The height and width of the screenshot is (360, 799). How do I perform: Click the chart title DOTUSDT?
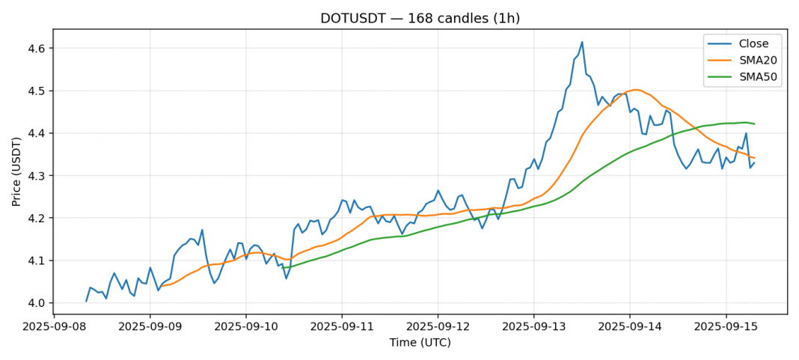pyautogui.click(x=420, y=18)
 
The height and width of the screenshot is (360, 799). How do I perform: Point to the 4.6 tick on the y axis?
pyautogui.click(x=37, y=49)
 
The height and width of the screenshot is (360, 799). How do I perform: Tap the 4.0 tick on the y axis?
pyautogui.click(x=37, y=303)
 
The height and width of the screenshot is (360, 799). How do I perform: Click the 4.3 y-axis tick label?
pyautogui.click(x=37, y=176)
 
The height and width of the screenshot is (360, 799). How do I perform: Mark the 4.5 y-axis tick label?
pyautogui.click(x=37, y=91)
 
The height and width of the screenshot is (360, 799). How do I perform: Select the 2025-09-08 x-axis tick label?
pyautogui.click(x=54, y=327)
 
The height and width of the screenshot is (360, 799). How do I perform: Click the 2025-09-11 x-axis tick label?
pyautogui.click(x=341, y=327)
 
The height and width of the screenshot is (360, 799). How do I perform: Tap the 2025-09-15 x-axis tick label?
pyautogui.click(x=725, y=327)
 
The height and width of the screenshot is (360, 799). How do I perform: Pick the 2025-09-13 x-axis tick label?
pyautogui.click(x=533, y=327)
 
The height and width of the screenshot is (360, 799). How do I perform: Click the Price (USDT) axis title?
pyautogui.click(x=16, y=171)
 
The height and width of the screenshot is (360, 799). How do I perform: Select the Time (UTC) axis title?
pyautogui.click(x=420, y=343)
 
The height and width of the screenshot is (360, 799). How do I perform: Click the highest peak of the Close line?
pyautogui.click(x=582, y=42)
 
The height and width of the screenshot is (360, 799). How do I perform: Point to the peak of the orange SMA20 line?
pyautogui.click(x=635, y=90)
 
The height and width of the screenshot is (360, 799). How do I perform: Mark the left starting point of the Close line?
pyautogui.click(x=86, y=301)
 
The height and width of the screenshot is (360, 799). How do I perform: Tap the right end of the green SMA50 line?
pyautogui.click(x=754, y=123)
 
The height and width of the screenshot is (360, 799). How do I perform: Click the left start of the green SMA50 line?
pyautogui.click(x=282, y=268)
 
